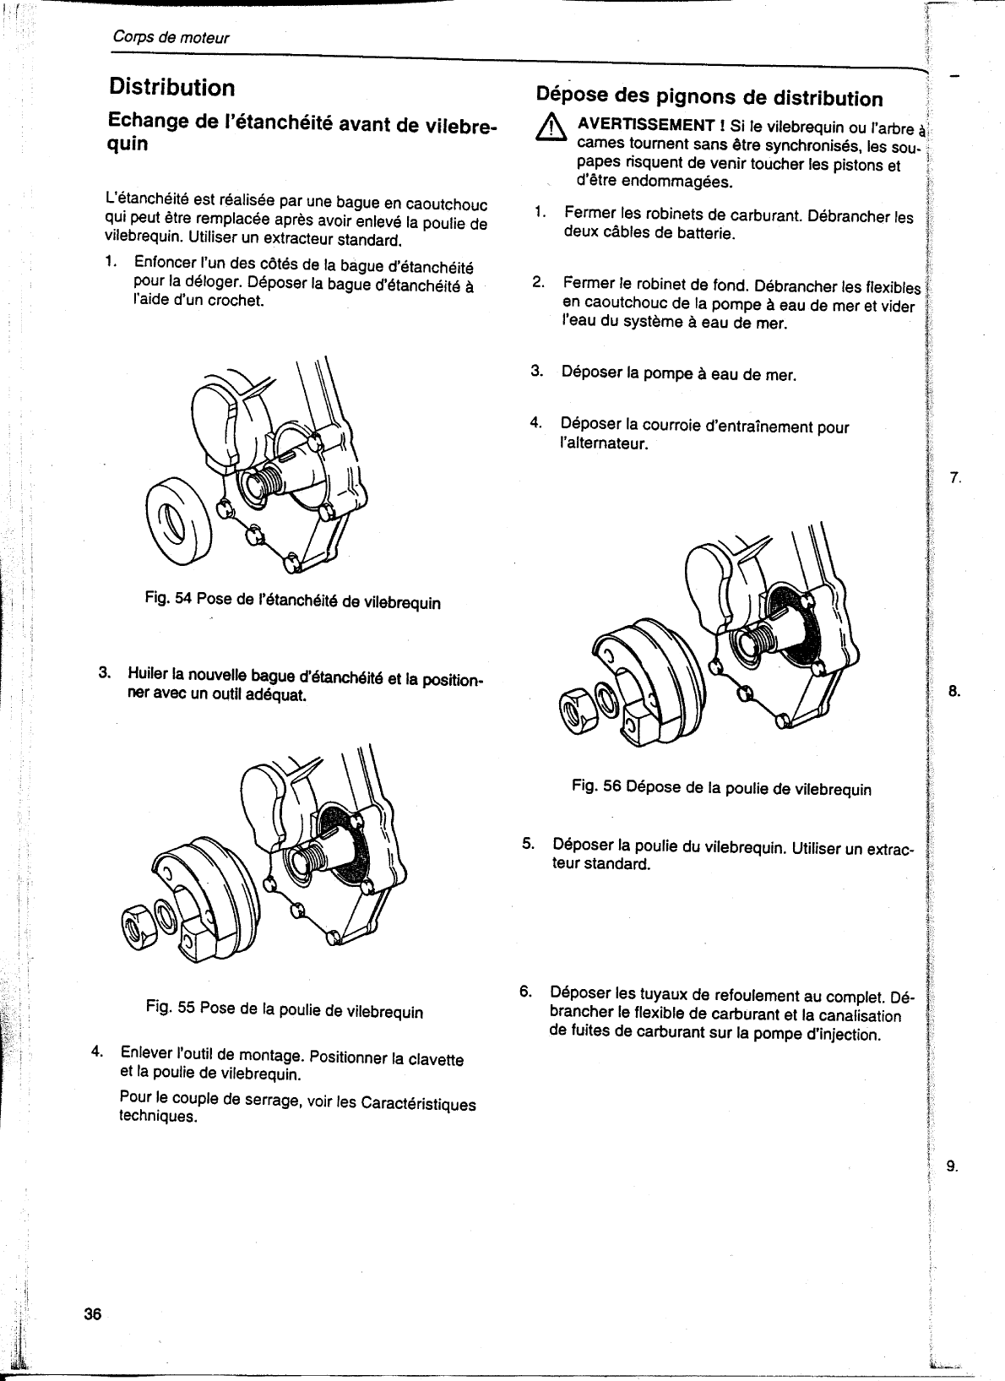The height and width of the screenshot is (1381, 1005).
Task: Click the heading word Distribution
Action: (x=171, y=87)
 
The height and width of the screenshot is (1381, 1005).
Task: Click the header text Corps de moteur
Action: (x=171, y=38)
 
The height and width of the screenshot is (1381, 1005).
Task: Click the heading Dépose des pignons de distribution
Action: (x=709, y=97)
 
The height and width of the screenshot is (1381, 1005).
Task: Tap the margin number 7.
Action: (x=955, y=479)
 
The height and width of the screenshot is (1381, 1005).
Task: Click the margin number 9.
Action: (x=952, y=1167)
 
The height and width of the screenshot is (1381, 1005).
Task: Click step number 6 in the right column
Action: (x=525, y=990)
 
